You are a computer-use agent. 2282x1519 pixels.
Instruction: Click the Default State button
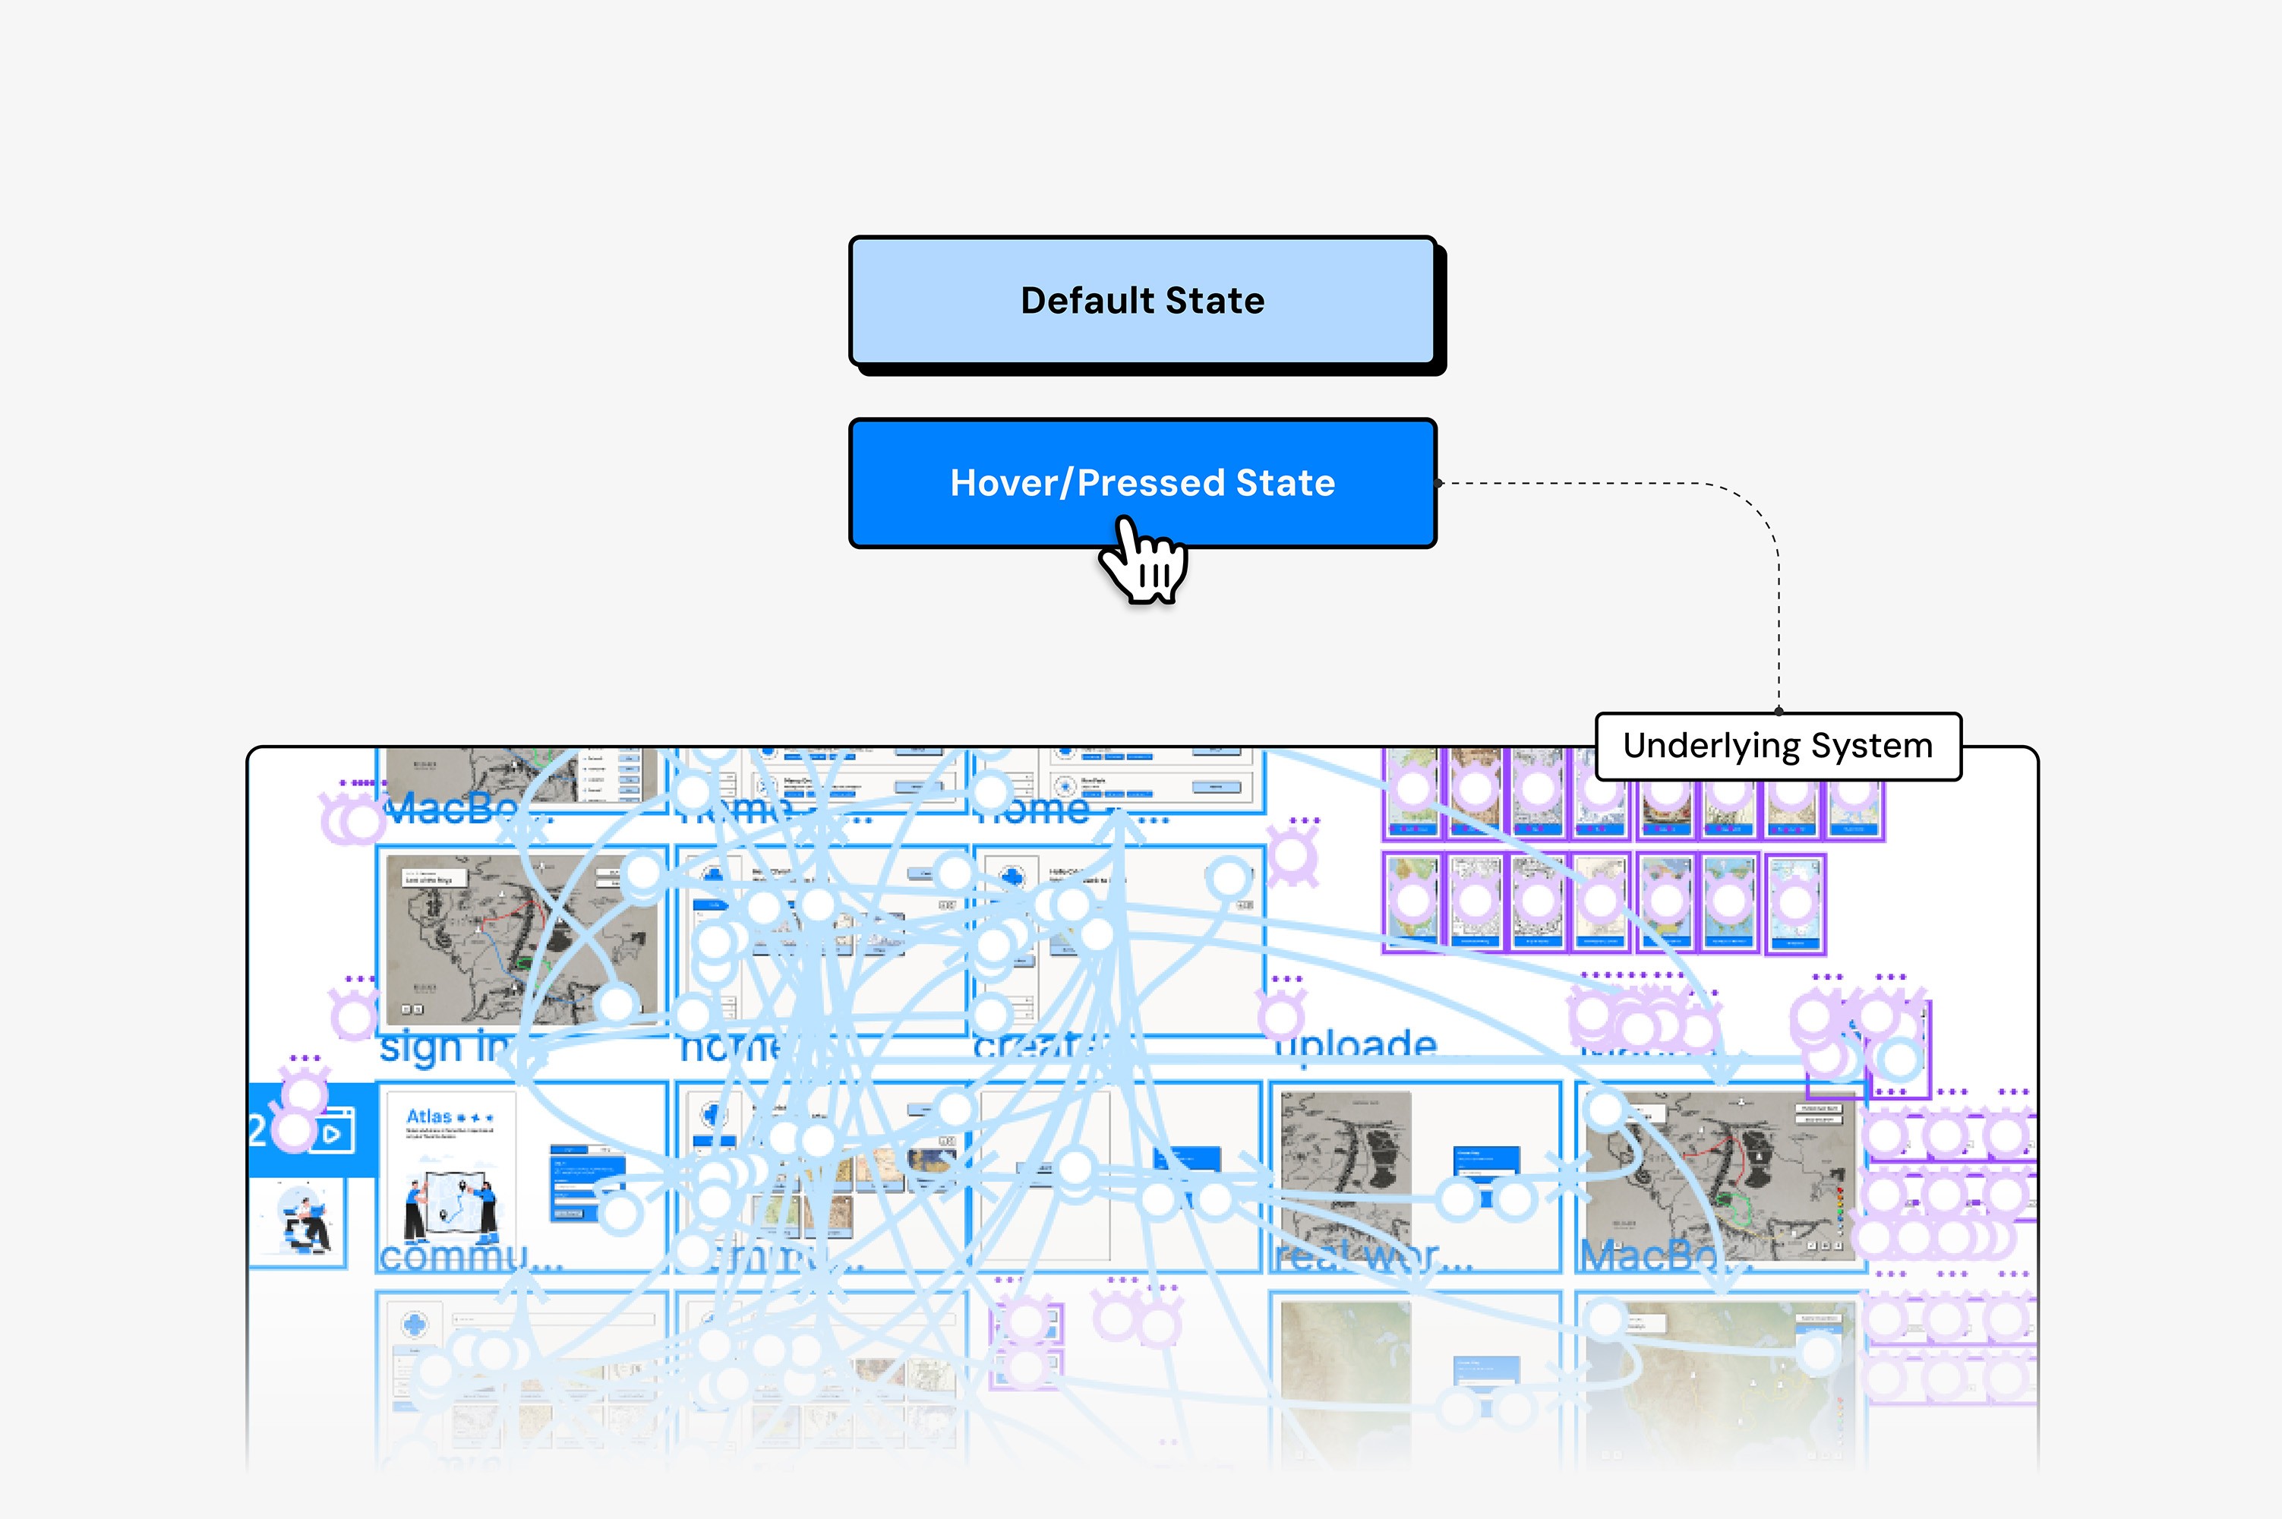(x=1142, y=300)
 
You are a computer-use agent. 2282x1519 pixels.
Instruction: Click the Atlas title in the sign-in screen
(x=429, y=1116)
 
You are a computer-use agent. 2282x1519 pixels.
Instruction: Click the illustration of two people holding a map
(x=450, y=1206)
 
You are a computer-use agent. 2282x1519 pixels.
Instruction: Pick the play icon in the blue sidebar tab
(x=331, y=1133)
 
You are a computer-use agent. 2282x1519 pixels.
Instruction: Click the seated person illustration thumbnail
(x=303, y=1224)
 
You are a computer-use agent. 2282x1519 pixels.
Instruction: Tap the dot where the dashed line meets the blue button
(x=1439, y=482)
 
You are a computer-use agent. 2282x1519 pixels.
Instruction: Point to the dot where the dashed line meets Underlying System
(x=1779, y=711)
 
